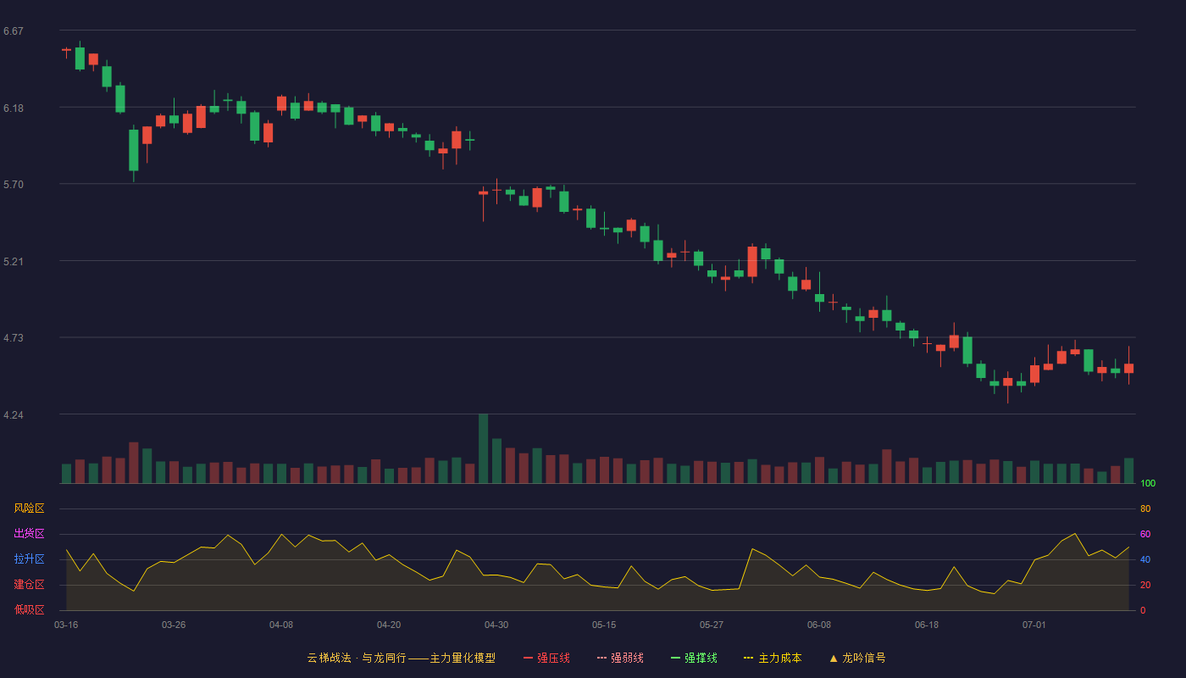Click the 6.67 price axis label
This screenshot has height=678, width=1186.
[14, 31]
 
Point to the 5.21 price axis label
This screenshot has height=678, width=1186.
[14, 262]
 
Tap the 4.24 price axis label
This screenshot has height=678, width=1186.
[14, 415]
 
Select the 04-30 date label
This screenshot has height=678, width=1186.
[496, 625]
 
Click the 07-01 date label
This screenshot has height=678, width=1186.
[1034, 625]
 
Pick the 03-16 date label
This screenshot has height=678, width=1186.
[66, 625]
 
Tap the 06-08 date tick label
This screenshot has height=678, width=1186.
[819, 625]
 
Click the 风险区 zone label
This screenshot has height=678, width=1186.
[29, 508]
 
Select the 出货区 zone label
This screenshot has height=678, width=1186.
[29, 533]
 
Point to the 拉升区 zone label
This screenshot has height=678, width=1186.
[29, 559]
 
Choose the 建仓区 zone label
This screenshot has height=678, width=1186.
[29, 584]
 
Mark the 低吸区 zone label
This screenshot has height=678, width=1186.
[29, 609]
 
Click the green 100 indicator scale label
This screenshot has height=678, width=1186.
[1148, 483]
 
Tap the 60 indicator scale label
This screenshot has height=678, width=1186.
[1145, 534]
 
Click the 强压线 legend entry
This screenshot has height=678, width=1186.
[546, 658]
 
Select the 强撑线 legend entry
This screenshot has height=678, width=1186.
[694, 658]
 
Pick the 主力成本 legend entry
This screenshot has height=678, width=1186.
[773, 658]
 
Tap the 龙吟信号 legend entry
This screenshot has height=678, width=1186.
[857, 658]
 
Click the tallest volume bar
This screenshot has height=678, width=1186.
[484, 448]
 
